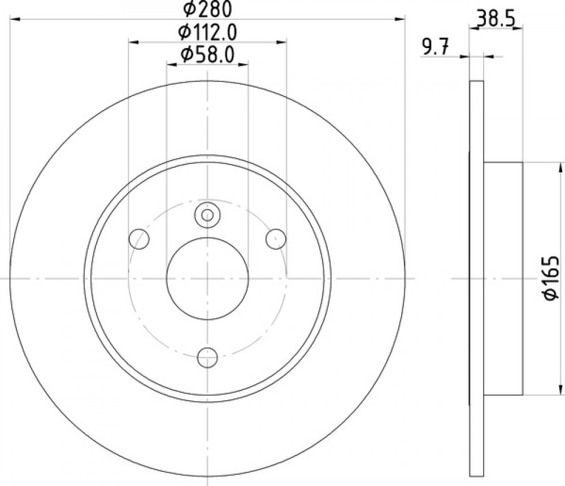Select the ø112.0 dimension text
tap(207, 33)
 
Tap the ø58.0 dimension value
tap(208, 55)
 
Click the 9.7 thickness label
tap(435, 48)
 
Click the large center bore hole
tap(207, 279)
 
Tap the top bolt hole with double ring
tap(207, 215)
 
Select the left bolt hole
tap(139, 238)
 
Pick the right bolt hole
tap(276, 238)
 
